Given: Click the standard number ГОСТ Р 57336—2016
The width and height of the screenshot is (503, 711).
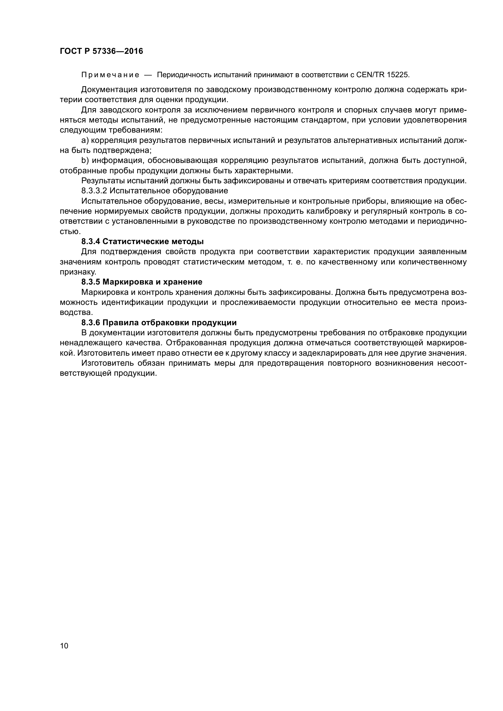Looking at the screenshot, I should (x=101, y=51).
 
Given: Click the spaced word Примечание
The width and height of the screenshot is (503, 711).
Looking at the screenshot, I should (x=110, y=75).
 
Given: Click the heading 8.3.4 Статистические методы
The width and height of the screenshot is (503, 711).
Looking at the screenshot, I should (x=142, y=242).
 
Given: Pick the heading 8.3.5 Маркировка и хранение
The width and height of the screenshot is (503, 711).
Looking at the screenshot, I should (x=142, y=282).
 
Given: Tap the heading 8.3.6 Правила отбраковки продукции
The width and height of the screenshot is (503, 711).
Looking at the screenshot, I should (x=159, y=323).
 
